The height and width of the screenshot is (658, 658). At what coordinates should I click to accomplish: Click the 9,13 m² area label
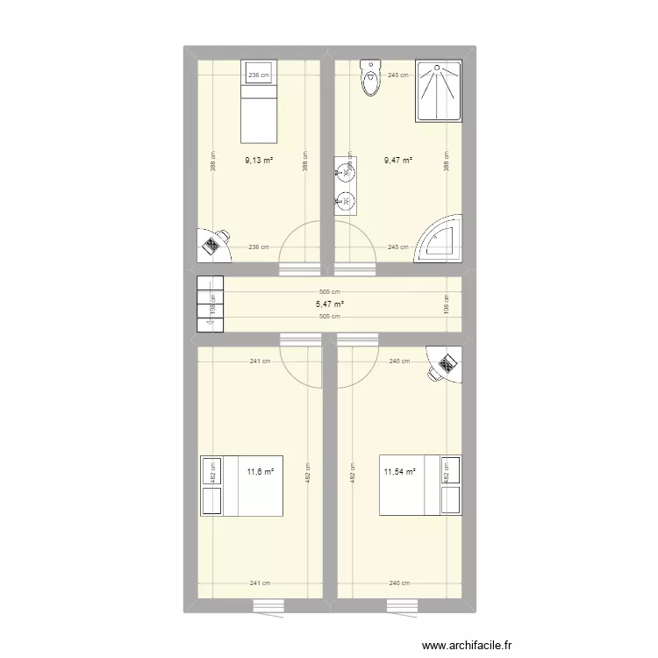coord(259,161)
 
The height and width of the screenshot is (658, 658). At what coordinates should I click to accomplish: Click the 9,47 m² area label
coord(398,161)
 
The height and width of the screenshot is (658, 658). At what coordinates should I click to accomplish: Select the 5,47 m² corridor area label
coord(330,304)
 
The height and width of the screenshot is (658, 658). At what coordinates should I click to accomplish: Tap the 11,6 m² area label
coord(260,472)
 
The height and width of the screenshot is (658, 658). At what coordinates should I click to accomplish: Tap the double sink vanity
coord(347,185)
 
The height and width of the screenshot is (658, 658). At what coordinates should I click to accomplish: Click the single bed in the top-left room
coord(259,101)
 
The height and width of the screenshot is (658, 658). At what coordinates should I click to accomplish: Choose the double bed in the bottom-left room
coord(241,485)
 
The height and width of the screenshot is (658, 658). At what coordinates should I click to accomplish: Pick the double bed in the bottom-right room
coord(419,485)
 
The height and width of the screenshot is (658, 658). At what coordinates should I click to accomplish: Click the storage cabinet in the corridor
coord(211,304)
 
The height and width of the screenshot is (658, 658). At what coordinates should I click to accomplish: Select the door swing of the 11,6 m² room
coord(303,361)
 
